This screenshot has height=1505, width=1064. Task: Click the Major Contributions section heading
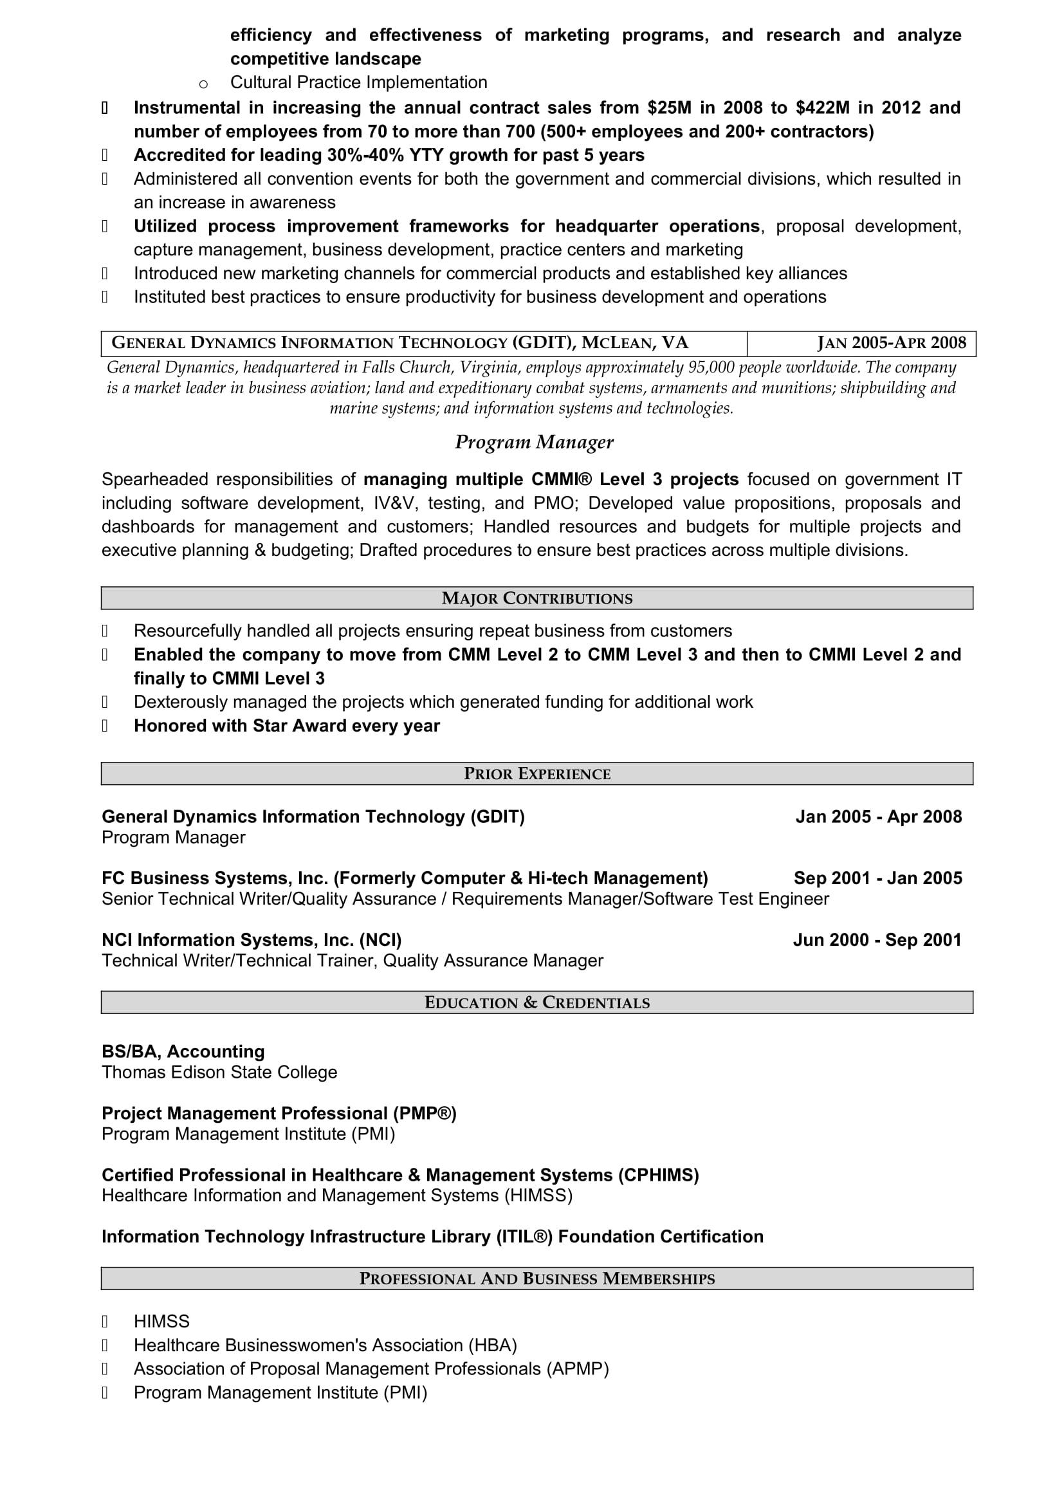537,598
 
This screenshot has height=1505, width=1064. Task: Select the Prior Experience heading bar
537,773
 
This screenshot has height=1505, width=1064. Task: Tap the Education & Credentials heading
537,1002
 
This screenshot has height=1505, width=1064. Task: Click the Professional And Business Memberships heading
537,1279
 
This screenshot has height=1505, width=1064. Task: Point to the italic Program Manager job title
534,443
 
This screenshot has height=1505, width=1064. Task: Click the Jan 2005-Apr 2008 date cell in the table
891,343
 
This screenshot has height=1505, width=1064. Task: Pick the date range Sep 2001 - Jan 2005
877,878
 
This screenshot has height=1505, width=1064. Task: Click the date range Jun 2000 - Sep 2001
877,940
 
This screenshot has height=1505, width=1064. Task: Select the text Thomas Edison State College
219,1073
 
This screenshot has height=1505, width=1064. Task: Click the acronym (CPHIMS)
658,1175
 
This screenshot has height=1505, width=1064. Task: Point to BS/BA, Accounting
183,1051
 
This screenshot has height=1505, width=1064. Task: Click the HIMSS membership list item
161,1322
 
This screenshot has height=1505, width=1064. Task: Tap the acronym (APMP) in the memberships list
577,1369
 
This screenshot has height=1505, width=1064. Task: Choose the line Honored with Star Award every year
286,726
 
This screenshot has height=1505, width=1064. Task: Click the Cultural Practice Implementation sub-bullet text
358,82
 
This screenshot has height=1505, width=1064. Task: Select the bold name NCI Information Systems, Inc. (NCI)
252,940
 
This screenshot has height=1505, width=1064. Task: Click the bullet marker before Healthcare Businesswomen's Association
105,1345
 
